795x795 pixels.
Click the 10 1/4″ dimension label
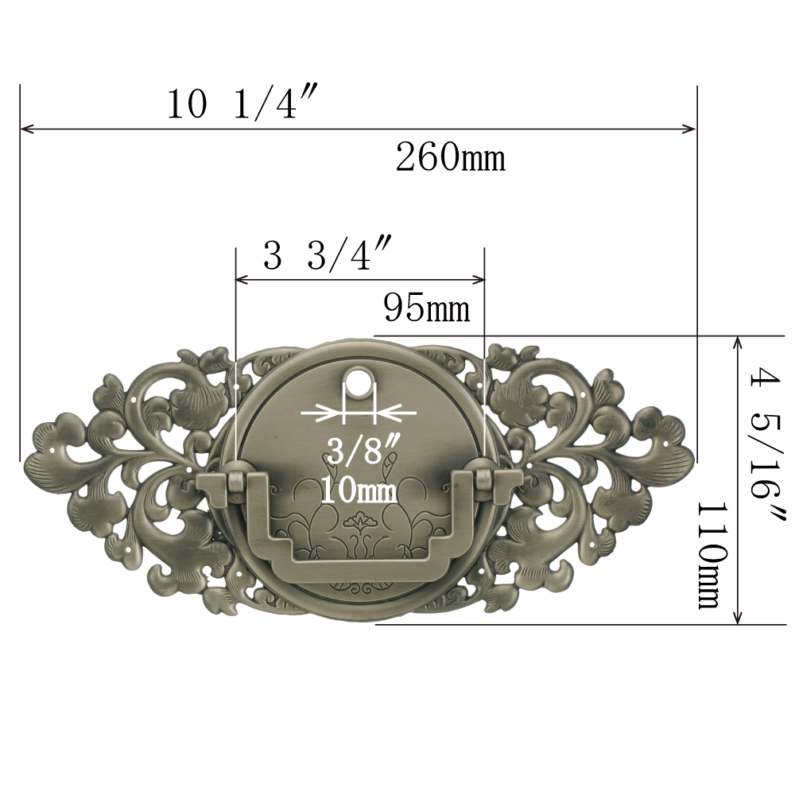coord(242,103)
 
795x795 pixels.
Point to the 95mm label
coord(427,308)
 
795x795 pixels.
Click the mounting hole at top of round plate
coord(359,378)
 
